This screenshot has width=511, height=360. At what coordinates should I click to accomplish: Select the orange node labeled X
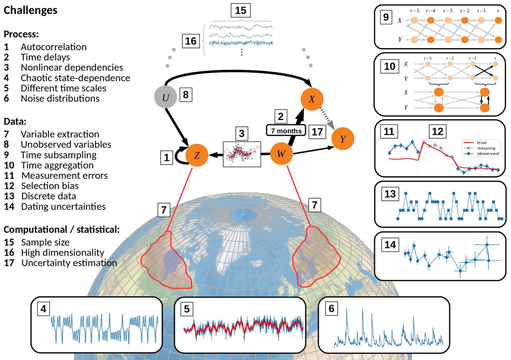pos(312,99)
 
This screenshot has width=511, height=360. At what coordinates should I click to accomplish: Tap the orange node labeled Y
pos(343,138)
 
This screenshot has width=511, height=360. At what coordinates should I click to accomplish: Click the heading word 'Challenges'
pos(30,10)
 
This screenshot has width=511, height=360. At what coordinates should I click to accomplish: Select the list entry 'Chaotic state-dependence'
pos(75,78)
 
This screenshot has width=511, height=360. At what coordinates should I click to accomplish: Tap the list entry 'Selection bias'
pos(49,186)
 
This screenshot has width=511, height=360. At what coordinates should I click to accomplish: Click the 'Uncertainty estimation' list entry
pos(69,263)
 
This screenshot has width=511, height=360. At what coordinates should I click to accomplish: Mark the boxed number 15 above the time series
pos(241,10)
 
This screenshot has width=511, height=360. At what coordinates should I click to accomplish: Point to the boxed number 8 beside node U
pos(185,95)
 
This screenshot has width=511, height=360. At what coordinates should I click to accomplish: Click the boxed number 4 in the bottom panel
pos(43,310)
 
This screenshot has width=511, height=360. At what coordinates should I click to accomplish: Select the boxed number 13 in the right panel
pos(390,194)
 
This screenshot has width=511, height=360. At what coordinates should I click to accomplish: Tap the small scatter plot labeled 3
pos(242,154)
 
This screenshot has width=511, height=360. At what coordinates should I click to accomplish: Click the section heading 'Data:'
pos(15,121)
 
